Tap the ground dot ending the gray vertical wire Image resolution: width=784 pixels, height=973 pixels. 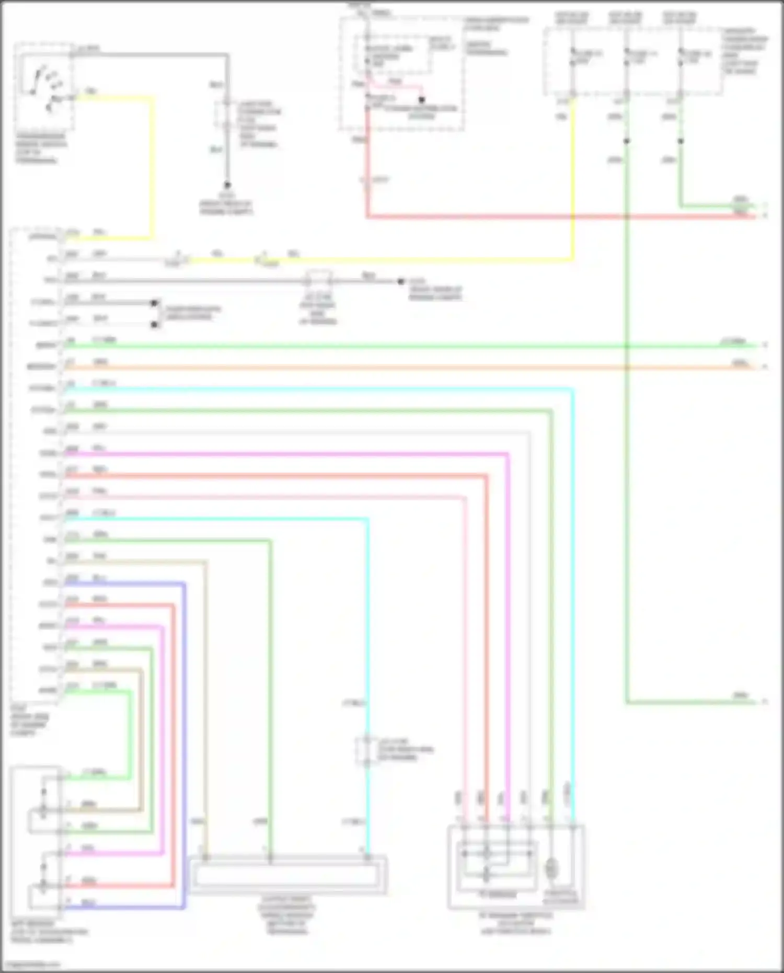(227, 185)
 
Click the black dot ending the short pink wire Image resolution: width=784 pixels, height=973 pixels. (421, 99)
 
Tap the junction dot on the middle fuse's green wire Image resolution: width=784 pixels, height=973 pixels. (626, 141)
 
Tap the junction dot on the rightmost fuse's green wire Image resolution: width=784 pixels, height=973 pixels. (681, 141)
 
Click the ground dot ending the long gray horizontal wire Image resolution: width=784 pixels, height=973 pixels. (401, 281)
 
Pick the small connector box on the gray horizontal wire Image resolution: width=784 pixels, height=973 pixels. (319, 281)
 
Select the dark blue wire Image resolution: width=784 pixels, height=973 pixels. (184, 732)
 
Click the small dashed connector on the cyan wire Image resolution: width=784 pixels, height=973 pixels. (367, 751)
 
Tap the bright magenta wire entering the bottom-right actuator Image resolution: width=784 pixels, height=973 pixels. (508, 627)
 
